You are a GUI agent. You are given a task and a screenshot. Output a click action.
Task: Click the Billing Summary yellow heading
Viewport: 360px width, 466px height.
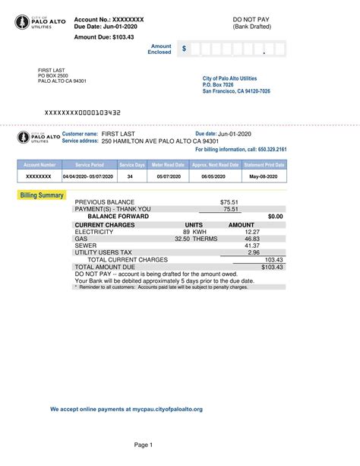[42, 195]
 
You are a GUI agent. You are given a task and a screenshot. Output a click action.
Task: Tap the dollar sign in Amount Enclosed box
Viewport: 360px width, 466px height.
[184, 49]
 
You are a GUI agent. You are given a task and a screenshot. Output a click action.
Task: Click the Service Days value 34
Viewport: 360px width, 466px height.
[130, 176]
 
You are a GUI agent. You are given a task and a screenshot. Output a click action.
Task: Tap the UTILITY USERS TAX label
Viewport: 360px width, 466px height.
[103, 252]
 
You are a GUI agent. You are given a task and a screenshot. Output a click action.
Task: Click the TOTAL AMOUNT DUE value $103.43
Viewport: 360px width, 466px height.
[272, 267]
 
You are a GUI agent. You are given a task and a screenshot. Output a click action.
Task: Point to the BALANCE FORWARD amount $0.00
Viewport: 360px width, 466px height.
[275, 217]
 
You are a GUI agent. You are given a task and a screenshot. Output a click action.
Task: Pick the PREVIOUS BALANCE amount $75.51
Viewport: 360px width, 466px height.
[229, 202]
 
